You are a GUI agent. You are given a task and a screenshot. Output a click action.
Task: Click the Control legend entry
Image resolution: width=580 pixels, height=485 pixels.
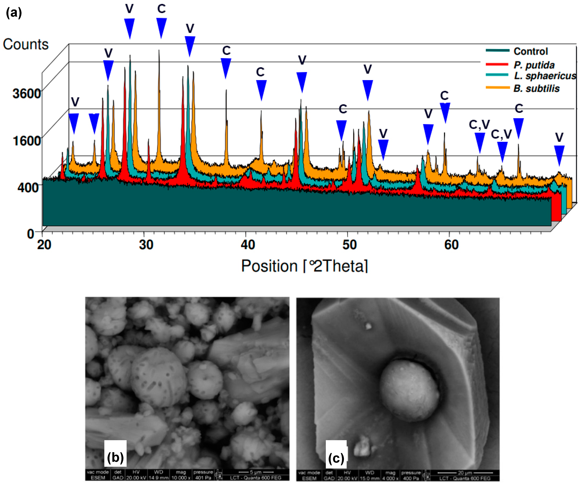pos(530,51)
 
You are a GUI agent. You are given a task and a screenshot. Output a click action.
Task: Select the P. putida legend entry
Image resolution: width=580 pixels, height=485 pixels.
pos(534,65)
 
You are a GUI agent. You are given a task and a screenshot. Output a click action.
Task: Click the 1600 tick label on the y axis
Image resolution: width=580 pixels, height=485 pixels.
pos(26,140)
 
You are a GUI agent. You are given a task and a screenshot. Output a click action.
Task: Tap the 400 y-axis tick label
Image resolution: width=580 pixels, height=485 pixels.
pos(28,188)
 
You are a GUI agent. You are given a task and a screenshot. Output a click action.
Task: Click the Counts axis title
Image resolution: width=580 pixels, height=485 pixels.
pos(26,44)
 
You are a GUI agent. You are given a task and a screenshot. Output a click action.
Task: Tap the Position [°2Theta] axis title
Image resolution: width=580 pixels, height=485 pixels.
pos(304,266)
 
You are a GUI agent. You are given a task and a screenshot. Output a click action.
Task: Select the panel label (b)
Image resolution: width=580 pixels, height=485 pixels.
pos(115,458)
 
